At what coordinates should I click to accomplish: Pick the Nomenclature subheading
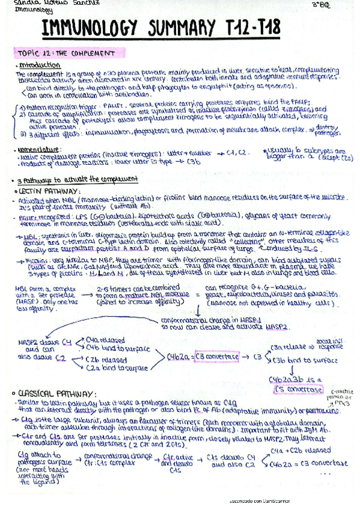coord(38,149)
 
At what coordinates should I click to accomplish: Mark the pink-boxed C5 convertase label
coord(297,389)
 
